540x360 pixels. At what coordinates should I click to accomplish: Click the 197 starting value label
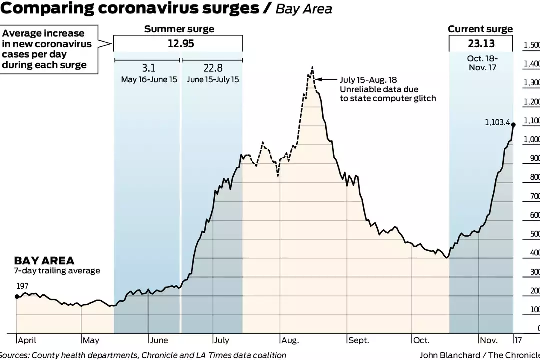pyautogui.click(x=23, y=286)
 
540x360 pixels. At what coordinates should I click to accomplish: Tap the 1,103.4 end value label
pyautogui.click(x=497, y=122)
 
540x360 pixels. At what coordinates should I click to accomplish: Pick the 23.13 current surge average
pyautogui.click(x=481, y=43)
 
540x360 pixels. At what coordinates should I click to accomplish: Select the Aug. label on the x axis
pyautogui.click(x=290, y=340)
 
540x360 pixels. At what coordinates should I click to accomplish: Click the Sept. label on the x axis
pyautogui.click(x=359, y=340)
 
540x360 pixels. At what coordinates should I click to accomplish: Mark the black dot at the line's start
pyautogui.click(x=17, y=297)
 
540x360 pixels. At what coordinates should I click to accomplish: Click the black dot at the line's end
pyautogui.click(x=513, y=124)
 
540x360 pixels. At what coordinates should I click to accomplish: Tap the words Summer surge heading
pyautogui.click(x=179, y=29)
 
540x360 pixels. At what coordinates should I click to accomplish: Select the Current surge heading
pyautogui.click(x=480, y=29)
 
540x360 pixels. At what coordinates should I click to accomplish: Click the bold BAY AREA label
pyautogui.click(x=44, y=261)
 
